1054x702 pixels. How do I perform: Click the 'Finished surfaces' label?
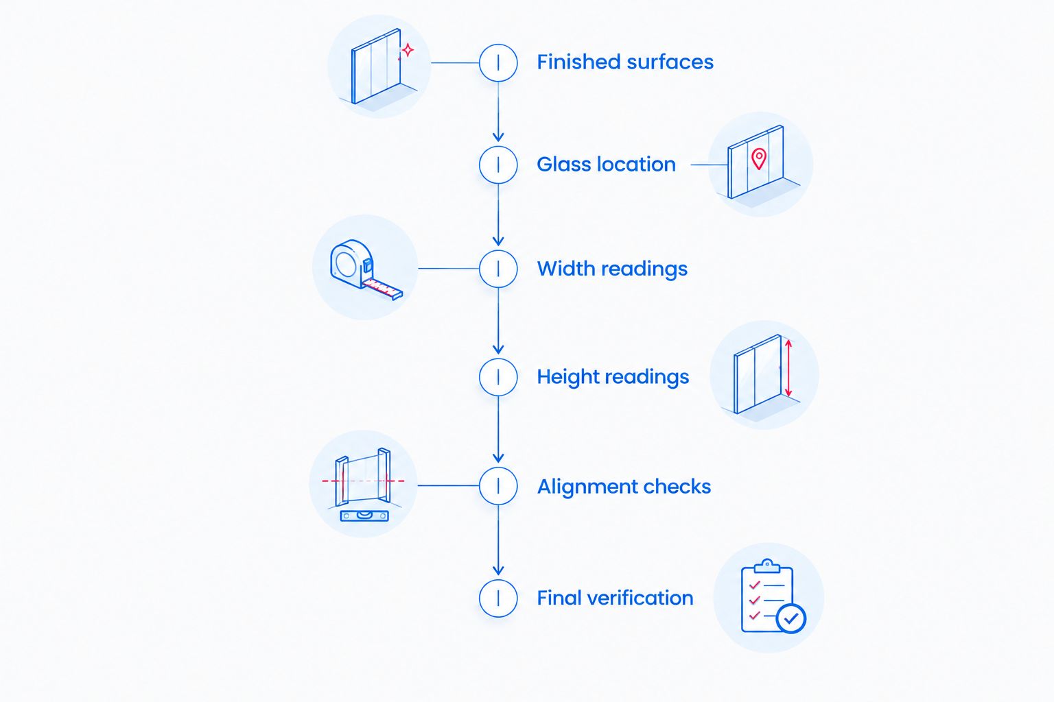tap(625, 62)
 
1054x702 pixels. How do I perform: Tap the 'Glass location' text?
tap(606, 165)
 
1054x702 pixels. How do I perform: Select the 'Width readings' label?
tap(612, 269)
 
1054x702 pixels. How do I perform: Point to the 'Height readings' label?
tap(613, 377)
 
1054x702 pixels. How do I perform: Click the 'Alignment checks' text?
tap(624, 486)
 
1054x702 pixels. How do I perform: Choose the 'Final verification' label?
tap(615, 598)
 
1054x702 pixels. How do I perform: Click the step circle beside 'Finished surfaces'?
tap(498, 62)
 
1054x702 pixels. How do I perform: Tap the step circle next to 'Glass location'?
tap(498, 165)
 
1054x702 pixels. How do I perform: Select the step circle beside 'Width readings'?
tap(498, 269)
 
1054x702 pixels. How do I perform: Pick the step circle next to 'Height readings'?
tap(498, 377)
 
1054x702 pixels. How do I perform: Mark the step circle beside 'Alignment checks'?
tap(498, 486)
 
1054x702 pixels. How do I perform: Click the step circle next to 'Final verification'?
tap(498, 598)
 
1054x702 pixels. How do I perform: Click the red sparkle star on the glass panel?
tap(408, 50)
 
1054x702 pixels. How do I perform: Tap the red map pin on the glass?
tap(758, 158)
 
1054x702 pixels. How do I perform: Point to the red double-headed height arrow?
tap(788, 368)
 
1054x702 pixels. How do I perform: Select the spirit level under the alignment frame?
tap(364, 516)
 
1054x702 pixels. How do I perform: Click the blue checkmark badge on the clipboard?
tap(791, 618)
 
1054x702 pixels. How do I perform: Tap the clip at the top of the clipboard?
tap(767, 566)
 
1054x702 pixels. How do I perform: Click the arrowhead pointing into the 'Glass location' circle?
tap(498, 137)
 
